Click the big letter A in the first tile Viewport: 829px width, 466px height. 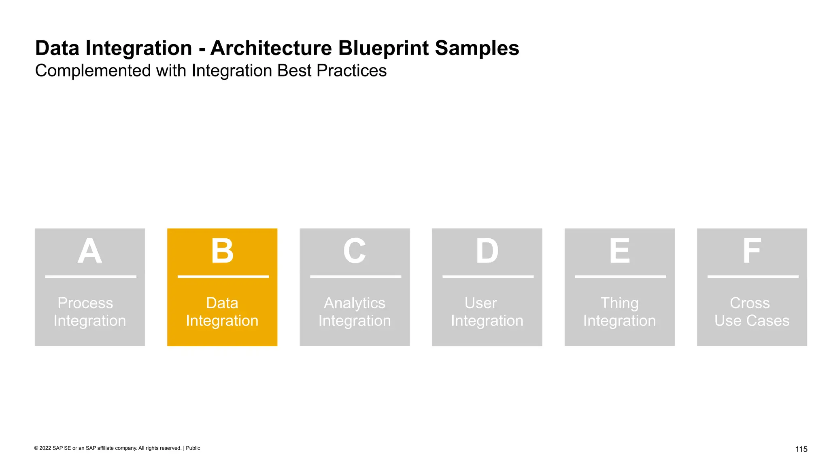[x=89, y=251]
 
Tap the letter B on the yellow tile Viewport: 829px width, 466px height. [x=222, y=251]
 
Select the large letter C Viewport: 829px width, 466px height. [x=355, y=251]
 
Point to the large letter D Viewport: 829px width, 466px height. [x=487, y=251]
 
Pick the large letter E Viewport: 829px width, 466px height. [x=620, y=251]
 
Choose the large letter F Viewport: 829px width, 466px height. [x=752, y=251]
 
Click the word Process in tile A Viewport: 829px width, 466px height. [x=85, y=303]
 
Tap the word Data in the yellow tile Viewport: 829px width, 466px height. [x=222, y=303]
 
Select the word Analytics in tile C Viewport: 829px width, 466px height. [x=355, y=303]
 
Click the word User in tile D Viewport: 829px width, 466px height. [x=480, y=303]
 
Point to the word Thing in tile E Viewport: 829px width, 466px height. [x=619, y=303]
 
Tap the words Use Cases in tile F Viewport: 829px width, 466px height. [x=752, y=321]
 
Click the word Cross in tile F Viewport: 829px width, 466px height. [x=750, y=303]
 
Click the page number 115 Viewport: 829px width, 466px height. [x=801, y=449]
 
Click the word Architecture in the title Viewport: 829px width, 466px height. [x=271, y=48]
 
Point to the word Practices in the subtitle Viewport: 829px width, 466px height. [x=351, y=71]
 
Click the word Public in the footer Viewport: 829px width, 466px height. [x=193, y=448]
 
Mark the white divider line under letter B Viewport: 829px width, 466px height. [x=223, y=277]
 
